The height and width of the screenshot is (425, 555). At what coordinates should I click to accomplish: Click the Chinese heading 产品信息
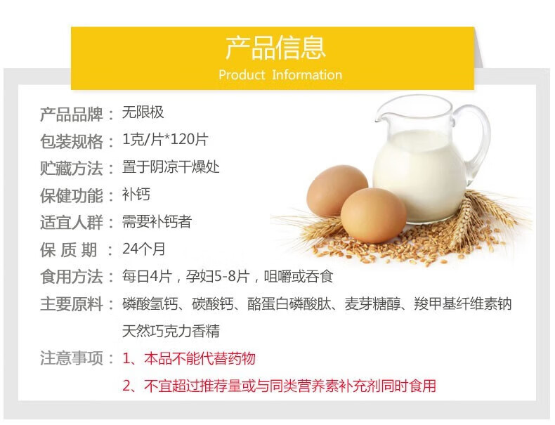tap(275, 48)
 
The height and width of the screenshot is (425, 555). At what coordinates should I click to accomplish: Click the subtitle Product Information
tap(280, 74)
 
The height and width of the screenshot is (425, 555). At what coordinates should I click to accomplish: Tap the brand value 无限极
tap(143, 112)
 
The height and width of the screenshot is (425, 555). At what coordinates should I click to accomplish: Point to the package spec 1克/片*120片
tap(165, 139)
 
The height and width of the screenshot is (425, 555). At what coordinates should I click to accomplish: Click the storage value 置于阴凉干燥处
tap(171, 167)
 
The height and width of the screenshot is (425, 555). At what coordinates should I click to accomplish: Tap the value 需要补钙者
tap(157, 222)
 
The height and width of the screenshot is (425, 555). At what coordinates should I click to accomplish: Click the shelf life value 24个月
tap(144, 249)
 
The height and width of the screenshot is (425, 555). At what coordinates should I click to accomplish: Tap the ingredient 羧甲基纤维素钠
tap(463, 304)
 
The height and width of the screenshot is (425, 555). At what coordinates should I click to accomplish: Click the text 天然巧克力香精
tap(171, 332)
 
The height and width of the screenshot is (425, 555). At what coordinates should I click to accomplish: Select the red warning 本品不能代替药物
tap(200, 358)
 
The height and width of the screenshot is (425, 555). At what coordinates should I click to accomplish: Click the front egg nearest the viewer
tap(374, 216)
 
